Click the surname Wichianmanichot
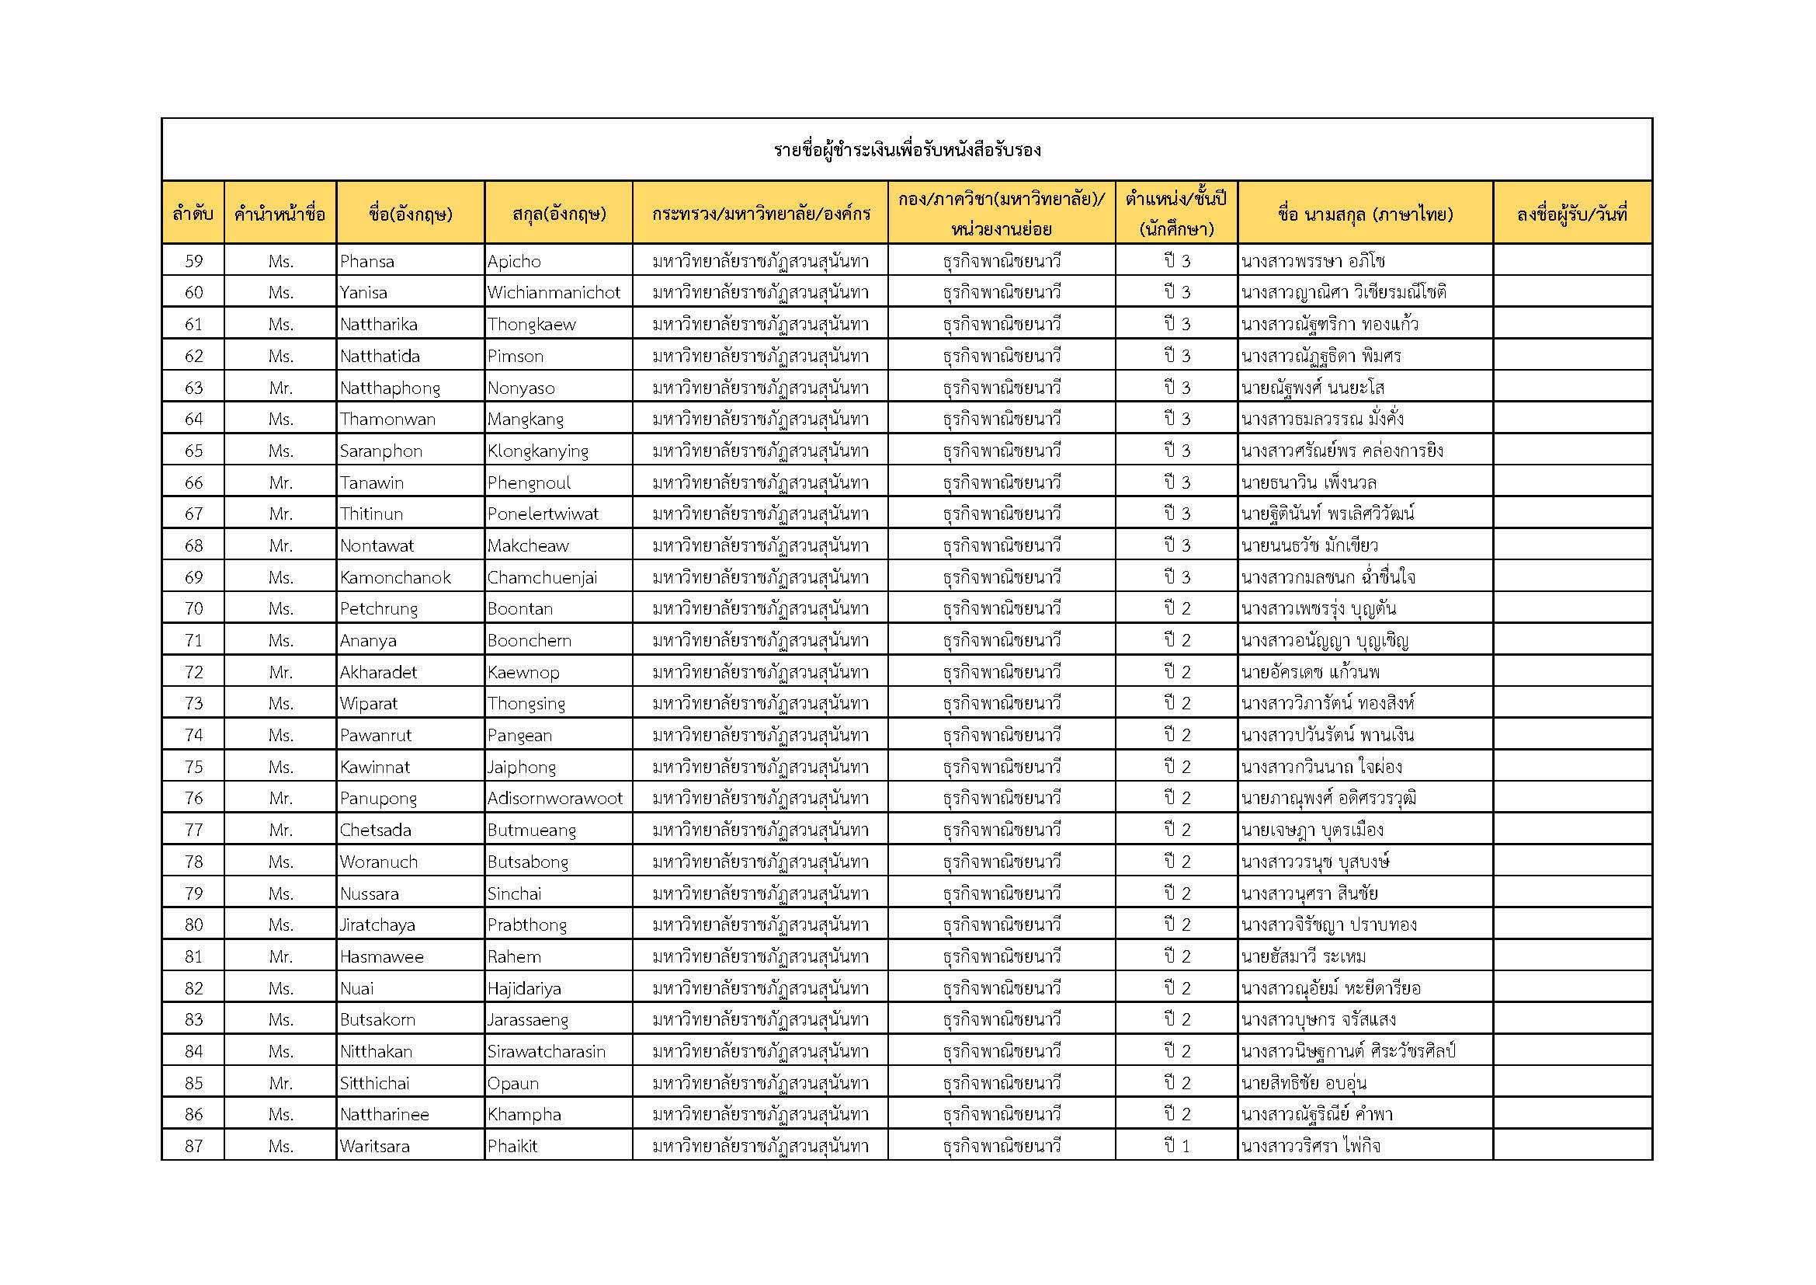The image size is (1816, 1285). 554,293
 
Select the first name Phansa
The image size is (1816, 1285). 367,261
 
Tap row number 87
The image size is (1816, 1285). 194,1146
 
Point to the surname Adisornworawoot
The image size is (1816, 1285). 555,799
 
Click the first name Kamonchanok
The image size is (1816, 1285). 395,577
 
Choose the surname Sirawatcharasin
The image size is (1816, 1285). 547,1052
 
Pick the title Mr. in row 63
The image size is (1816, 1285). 281,388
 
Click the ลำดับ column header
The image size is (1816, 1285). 193,214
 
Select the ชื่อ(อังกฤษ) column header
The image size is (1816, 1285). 411,214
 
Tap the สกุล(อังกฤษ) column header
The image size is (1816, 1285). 558,214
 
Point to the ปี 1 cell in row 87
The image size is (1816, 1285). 1176,1146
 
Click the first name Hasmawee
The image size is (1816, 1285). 382,956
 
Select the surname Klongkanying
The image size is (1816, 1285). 538,451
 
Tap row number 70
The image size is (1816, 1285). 194,608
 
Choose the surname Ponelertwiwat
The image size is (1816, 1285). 543,514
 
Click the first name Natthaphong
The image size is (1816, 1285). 390,388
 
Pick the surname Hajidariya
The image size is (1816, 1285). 524,988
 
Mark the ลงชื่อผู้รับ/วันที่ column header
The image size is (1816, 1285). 1571,214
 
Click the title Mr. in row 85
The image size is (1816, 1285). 281,1083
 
